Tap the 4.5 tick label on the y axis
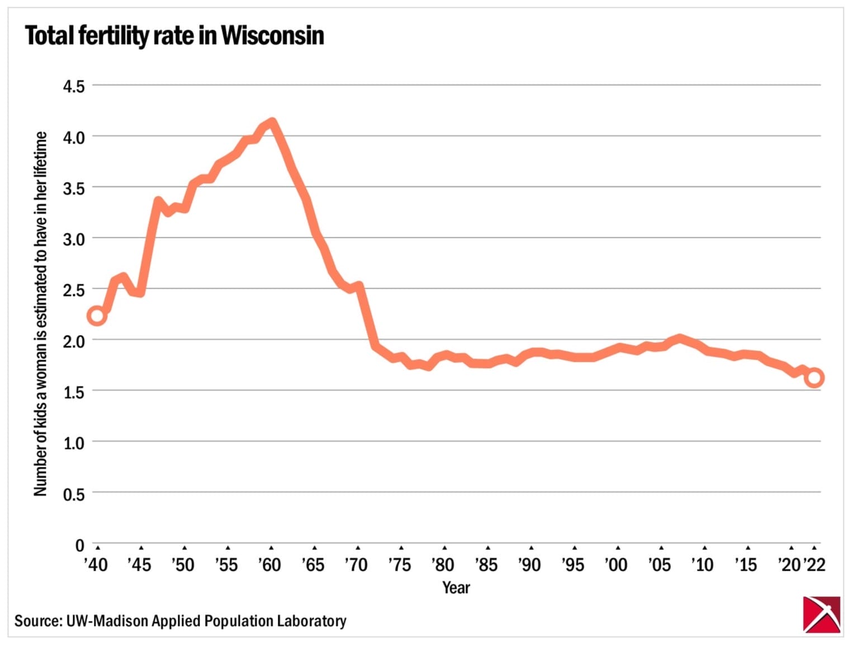tap(73, 87)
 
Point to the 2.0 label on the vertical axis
tap(73, 341)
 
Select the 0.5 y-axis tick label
tap(73, 494)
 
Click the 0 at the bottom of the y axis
tap(79, 545)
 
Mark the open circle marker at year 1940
tap(97, 316)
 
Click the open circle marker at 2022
tap(814, 378)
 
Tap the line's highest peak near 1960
tap(272, 122)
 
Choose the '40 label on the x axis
tap(96, 565)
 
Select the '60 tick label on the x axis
tap(269, 565)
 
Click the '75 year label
tap(400, 565)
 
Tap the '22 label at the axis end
tap(814, 565)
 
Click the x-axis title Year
tap(456, 587)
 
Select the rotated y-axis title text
tap(40, 314)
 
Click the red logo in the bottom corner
tap(821, 614)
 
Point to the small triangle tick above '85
tap(488, 548)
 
